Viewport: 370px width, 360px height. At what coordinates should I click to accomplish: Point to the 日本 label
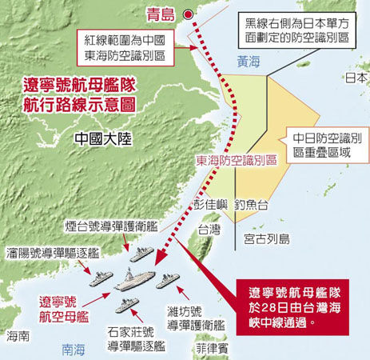[x=354, y=78]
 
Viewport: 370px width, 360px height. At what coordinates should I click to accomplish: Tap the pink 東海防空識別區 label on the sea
[x=238, y=159]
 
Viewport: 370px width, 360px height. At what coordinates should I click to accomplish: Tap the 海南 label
[x=18, y=337]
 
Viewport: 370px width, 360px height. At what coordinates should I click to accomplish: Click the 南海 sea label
[x=74, y=348]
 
